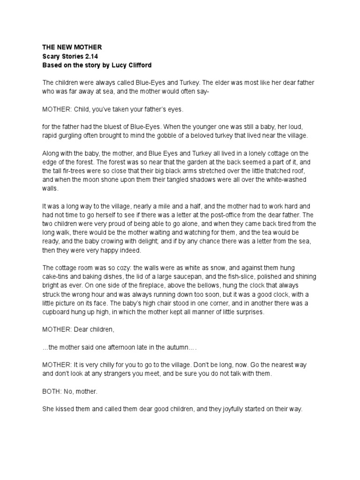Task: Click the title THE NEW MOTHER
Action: [x=72, y=47]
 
